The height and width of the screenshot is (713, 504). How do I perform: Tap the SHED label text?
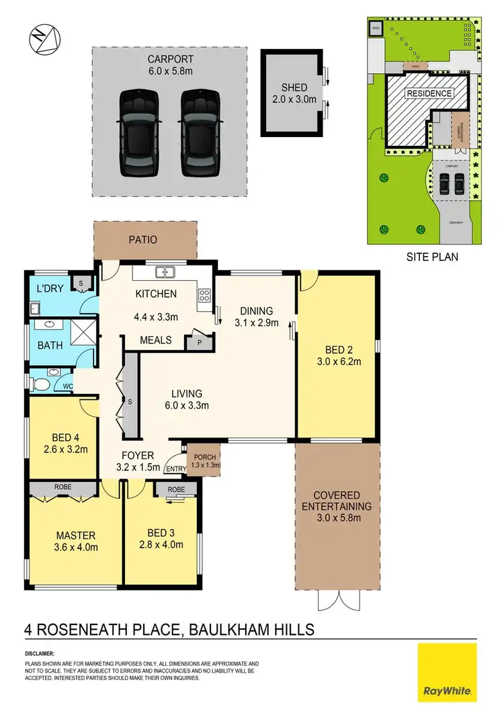(x=294, y=88)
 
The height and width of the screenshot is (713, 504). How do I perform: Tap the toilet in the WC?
(x=42, y=384)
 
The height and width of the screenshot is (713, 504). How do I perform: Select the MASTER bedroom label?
(x=75, y=536)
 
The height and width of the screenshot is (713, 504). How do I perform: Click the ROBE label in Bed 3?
(x=176, y=490)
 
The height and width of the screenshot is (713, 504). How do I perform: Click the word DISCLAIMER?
(x=40, y=653)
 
